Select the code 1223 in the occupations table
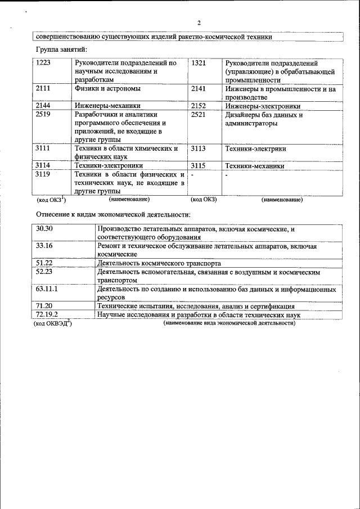coord(43,63)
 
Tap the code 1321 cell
coord(199,63)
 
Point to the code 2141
coord(199,89)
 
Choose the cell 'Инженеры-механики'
coord(107,106)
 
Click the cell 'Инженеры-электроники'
coord(262,106)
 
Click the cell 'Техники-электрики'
coord(255,149)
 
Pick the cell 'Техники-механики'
coord(254,166)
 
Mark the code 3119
coord(43,175)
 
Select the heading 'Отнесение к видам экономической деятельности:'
coord(114,214)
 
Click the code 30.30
coord(44,229)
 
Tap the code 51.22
coord(44,263)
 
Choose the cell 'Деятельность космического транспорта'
coord(159,263)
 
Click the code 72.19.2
coord(47,315)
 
